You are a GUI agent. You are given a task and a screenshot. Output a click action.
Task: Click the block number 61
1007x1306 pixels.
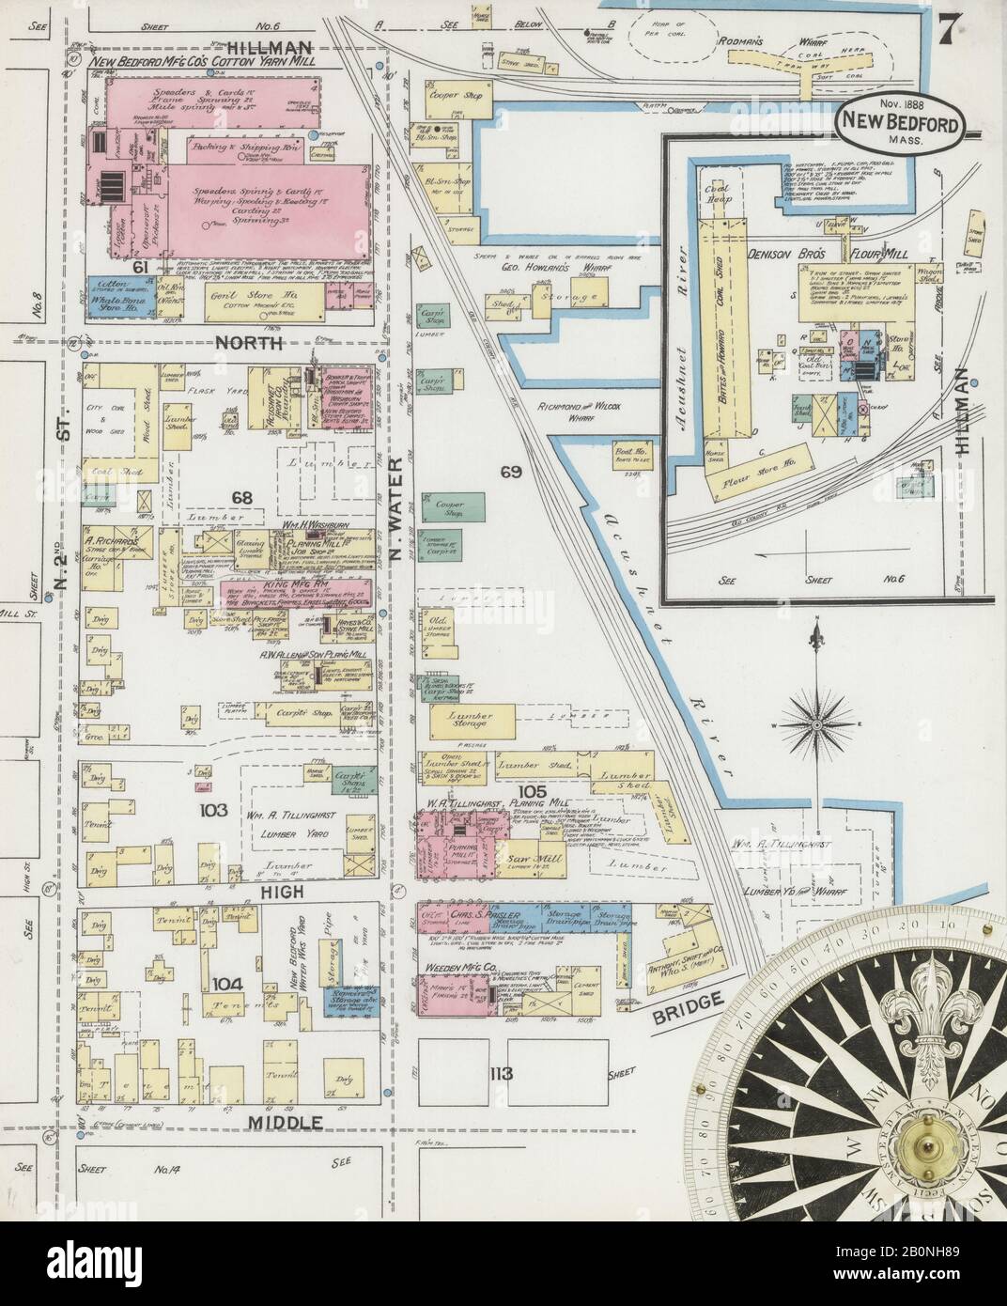pyautogui.click(x=144, y=294)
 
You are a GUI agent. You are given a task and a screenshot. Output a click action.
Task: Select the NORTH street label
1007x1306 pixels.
pyautogui.click(x=249, y=344)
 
